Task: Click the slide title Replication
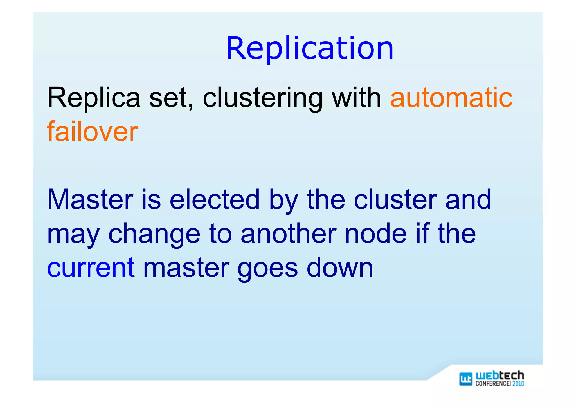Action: (310, 48)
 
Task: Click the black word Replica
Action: (94, 98)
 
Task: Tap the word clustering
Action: (263, 98)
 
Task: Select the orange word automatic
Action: (451, 98)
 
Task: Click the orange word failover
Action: (92, 131)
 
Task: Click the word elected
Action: (215, 199)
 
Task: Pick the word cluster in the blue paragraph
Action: (395, 199)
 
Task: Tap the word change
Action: (154, 234)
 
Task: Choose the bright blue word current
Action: (91, 268)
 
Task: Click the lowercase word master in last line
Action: (186, 268)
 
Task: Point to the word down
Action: (340, 267)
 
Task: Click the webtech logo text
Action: (500, 375)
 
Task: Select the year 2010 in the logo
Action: (518, 384)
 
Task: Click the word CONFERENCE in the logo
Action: (492, 384)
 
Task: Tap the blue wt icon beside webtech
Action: (466, 379)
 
